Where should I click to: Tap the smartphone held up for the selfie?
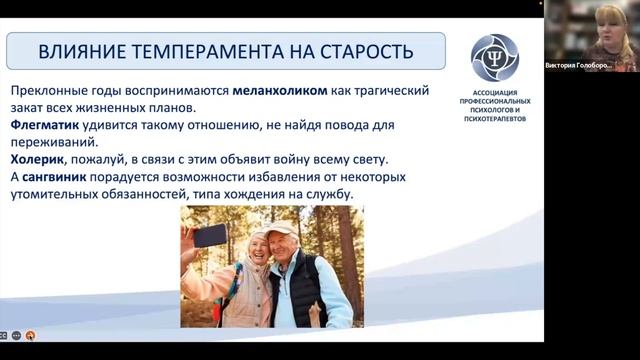(209, 235)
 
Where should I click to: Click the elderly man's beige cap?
(281, 229)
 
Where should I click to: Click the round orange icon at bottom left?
(30, 335)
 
